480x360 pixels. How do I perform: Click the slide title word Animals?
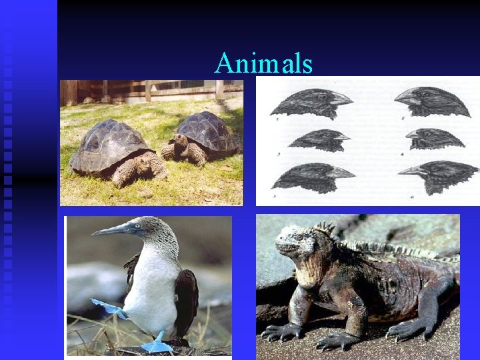[263, 63]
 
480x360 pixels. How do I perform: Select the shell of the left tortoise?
[109, 143]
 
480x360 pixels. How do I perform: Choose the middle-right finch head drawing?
[434, 139]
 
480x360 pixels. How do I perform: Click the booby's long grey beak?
[113, 229]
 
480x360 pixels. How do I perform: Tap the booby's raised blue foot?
[107, 307]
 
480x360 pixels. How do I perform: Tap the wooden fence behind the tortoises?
[153, 89]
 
